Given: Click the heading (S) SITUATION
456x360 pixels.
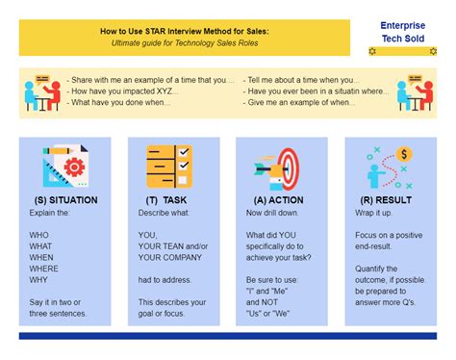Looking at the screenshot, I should point(65,200).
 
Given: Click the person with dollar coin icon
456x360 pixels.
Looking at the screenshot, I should point(389,167).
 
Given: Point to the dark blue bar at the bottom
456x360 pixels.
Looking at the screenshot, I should point(227,336).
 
